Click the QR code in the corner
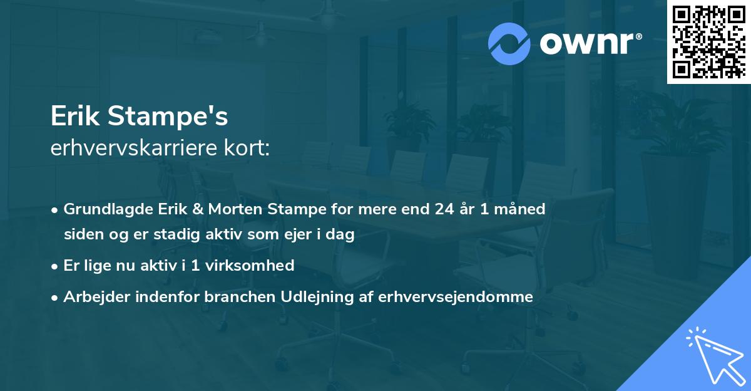[x=708, y=41]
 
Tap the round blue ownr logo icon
[x=509, y=44]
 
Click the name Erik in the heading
[x=76, y=116]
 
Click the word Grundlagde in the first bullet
[x=101, y=209]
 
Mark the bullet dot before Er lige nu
[x=55, y=266]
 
